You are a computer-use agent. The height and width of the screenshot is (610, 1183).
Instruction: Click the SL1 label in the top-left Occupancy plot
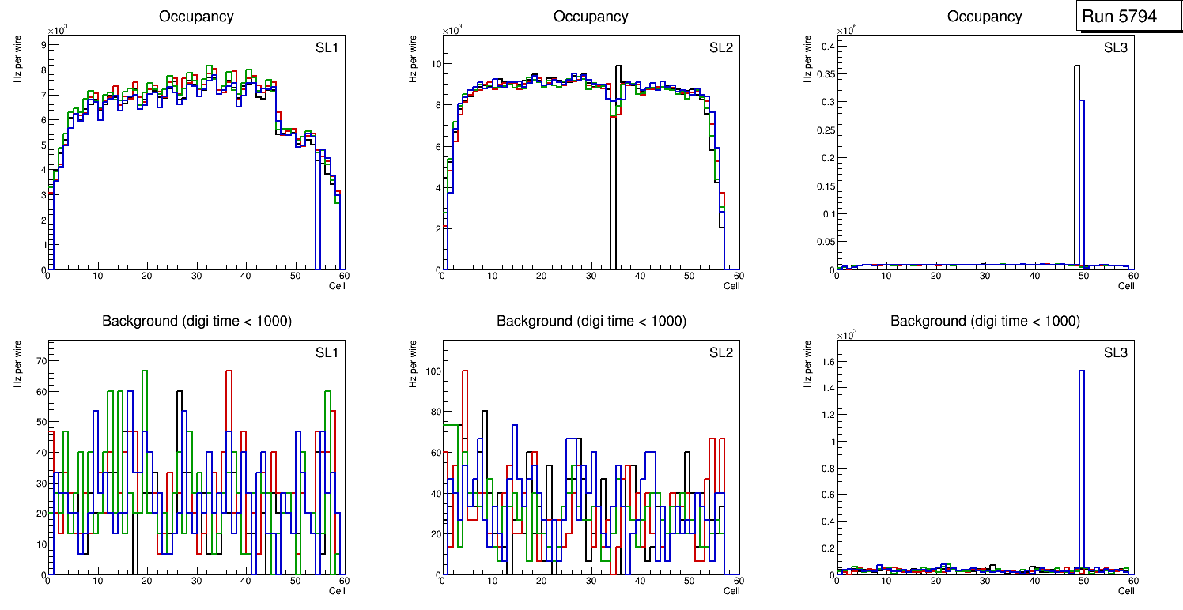[x=327, y=48]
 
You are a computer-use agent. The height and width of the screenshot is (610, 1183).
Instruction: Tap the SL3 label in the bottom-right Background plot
[x=1116, y=352]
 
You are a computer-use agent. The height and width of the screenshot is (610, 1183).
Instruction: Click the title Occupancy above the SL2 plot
[x=591, y=17]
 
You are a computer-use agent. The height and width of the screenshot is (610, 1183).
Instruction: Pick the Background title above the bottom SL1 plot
[x=197, y=321]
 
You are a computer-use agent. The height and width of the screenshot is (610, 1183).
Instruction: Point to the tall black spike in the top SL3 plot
[x=1077, y=158]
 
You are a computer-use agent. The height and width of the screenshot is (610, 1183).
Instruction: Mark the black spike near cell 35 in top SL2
[x=618, y=158]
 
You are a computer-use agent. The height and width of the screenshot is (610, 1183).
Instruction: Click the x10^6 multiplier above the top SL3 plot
[x=847, y=31]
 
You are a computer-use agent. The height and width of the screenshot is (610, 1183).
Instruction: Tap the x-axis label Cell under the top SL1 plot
[x=337, y=286]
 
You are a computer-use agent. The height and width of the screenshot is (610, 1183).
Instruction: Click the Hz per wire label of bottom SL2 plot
[x=412, y=363]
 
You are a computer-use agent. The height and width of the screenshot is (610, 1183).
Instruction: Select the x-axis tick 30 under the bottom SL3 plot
[x=985, y=581]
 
